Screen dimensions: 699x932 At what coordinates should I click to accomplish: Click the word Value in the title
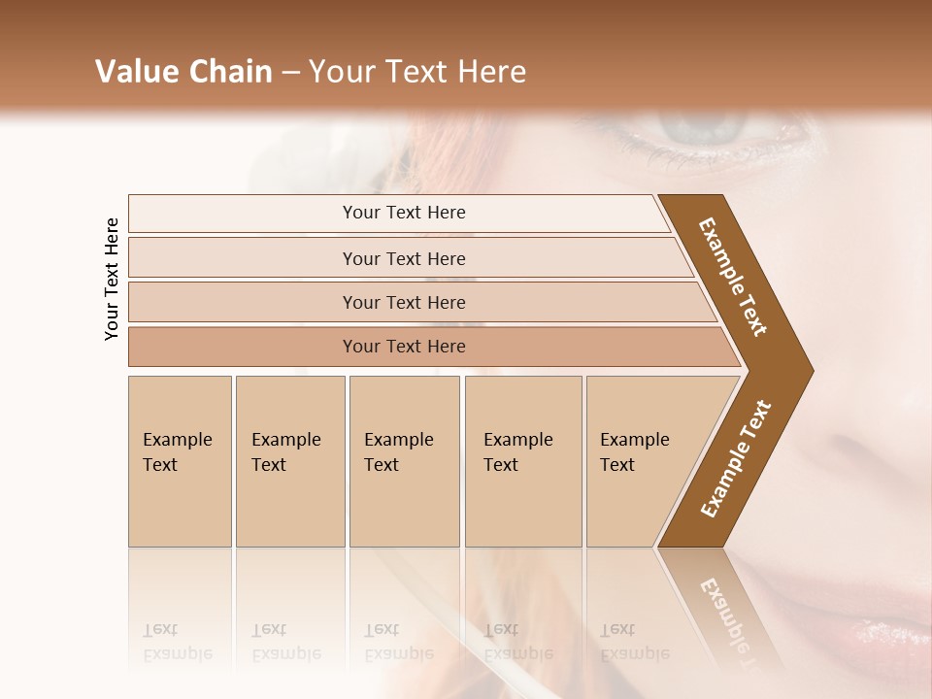[134, 72]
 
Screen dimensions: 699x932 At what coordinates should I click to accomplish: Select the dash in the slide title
[290, 73]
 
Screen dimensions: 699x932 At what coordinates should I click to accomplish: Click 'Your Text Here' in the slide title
[417, 72]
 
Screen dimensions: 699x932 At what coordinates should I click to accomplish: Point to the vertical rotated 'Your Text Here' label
[112, 279]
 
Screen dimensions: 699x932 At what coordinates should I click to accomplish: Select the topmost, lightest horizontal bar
[403, 213]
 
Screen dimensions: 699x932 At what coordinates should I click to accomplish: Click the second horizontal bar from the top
[403, 258]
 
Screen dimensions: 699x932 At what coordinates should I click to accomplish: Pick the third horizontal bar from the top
[403, 302]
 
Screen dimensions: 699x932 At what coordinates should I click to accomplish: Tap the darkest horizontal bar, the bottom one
[403, 347]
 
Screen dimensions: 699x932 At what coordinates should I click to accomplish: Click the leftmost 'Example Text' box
[180, 461]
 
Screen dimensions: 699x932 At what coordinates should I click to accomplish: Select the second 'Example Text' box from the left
[290, 461]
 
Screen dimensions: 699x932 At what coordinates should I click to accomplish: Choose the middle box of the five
[404, 461]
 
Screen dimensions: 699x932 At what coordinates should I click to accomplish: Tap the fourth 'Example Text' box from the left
[523, 461]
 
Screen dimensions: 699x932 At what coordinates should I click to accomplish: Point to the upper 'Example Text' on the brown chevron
[733, 277]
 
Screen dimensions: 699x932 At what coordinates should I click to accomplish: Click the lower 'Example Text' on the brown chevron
[736, 458]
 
